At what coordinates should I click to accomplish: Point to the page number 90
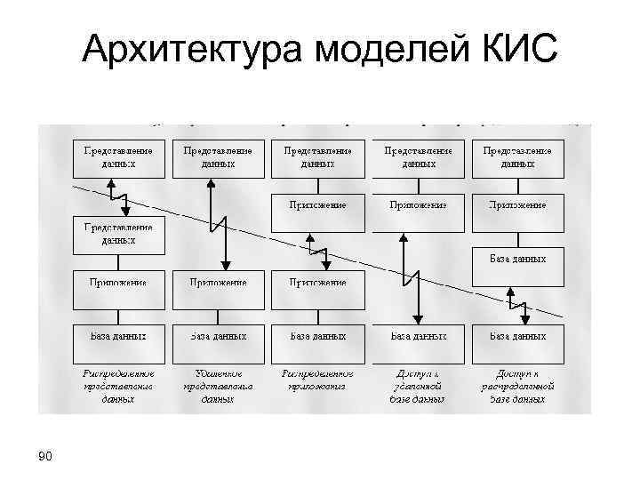click(46, 457)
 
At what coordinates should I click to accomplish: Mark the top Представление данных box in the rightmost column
click(517, 157)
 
